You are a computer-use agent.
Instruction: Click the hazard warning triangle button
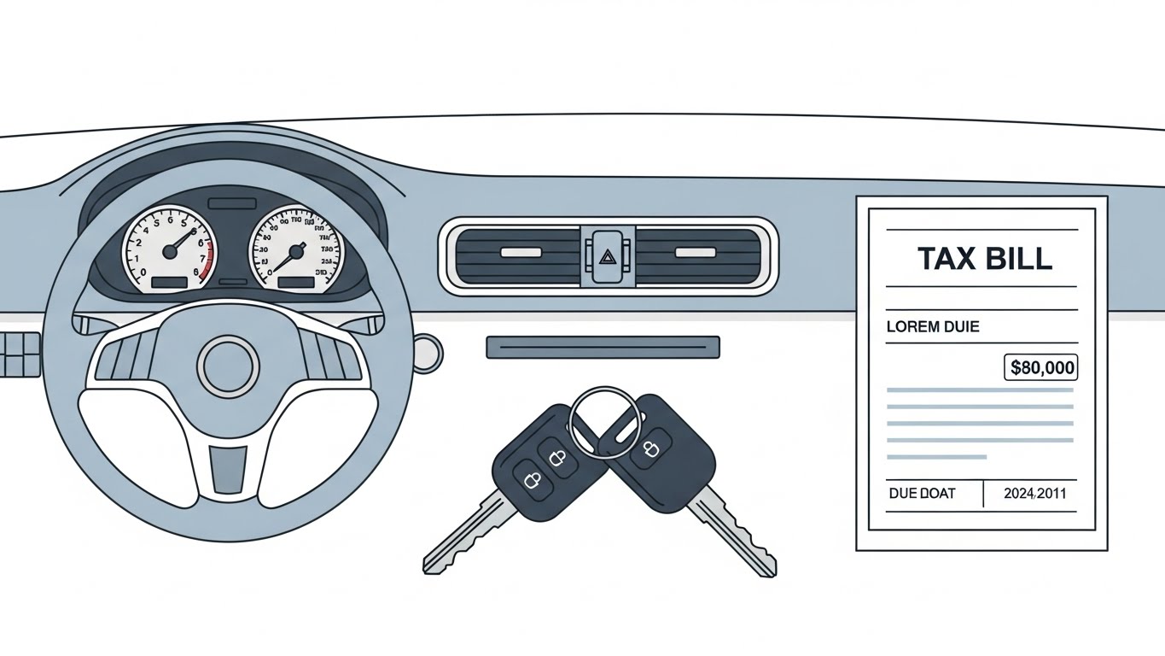pos(608,254)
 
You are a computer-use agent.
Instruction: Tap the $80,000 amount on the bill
pos(1041,368)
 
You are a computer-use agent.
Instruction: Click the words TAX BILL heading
pos(984,258)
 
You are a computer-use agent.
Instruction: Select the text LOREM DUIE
pos(933,326)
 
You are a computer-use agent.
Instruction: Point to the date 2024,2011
pos(1034,494)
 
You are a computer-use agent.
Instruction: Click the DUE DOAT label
pos(922,494)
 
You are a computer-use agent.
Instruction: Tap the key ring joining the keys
pos(603,421)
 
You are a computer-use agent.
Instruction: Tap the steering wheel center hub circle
pos(228,366)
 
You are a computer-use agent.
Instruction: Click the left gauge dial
pos(169,250)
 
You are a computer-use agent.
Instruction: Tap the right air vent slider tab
pos(695,252)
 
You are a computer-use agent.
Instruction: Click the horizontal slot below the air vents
pos(603,347)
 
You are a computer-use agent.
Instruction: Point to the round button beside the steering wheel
pos(428,349)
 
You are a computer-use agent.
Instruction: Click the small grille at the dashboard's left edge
pos(20,354)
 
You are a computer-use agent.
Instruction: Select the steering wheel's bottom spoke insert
pos(228,467)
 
